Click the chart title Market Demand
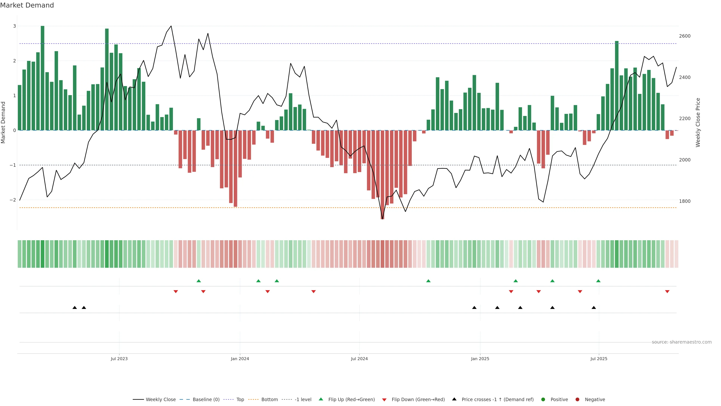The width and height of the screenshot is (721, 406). click(27, 5)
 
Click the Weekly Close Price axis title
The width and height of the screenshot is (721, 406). click(698, 122)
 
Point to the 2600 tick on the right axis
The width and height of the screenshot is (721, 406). click(685, 36)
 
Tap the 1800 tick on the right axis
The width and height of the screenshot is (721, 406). click(685, 201)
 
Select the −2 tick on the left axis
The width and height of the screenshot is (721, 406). click(13, 200)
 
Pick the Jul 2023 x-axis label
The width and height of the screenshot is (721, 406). click(119, 359)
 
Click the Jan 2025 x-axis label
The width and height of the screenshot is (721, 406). click(480, 359)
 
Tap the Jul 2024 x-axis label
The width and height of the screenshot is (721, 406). click(359, 359)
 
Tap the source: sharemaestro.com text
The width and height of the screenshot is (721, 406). click(682, 342)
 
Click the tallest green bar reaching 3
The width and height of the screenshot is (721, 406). click(43, 78)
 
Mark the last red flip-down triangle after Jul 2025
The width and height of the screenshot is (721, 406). click(667, 292)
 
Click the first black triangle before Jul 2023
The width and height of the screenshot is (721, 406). click(75, 308)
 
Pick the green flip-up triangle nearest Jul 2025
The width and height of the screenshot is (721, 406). click(598, 281)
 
